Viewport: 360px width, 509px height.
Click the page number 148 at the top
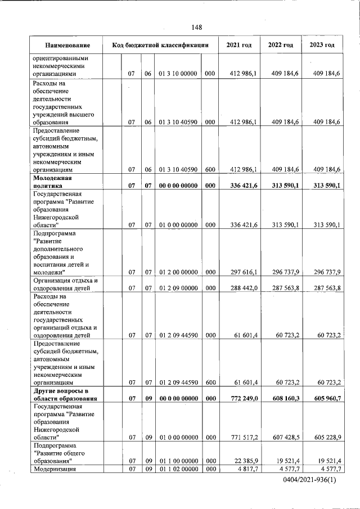[196, 27]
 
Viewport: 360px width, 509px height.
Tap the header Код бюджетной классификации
[160, 45]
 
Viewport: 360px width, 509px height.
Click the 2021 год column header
[238, 45]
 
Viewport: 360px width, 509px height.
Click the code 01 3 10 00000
[178, 74]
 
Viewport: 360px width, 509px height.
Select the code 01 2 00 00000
[178, 273]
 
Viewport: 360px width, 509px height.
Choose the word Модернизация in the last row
[55, 469]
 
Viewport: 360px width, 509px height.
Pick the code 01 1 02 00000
[178, 469]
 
